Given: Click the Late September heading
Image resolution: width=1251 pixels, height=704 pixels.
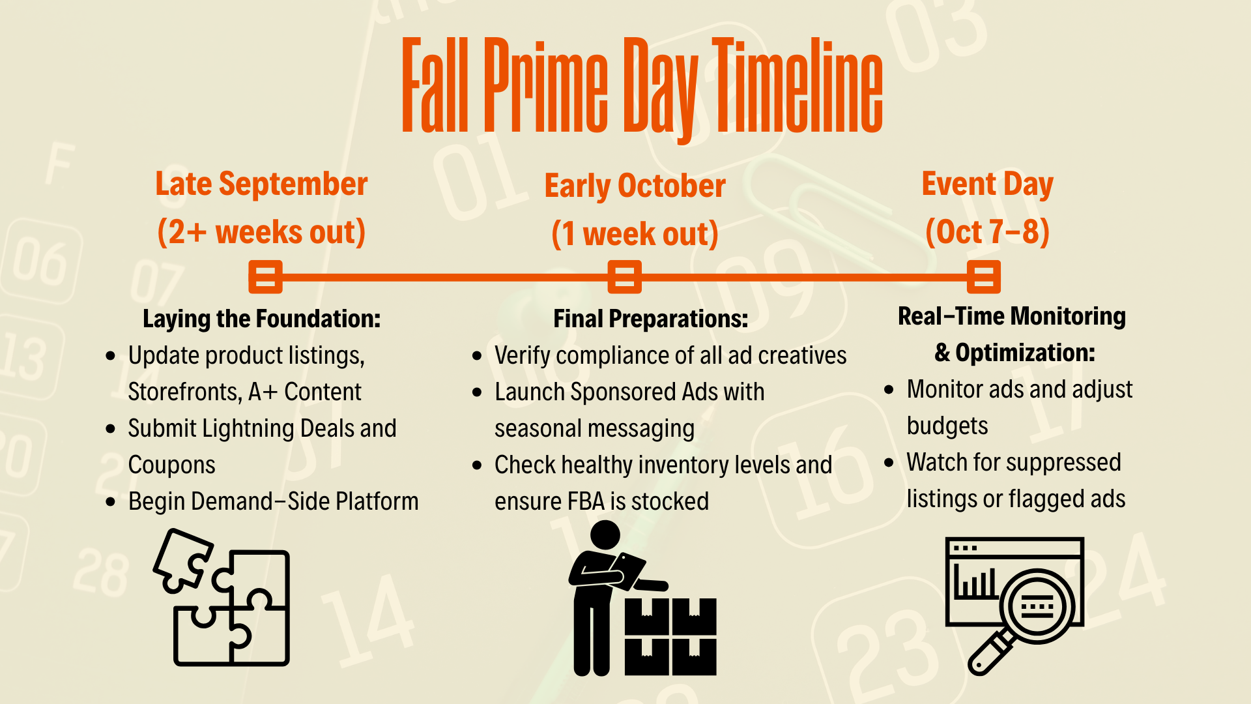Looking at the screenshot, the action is click(x=261, y=184).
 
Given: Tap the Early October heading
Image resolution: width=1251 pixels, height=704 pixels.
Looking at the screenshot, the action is click(x=635, y=186).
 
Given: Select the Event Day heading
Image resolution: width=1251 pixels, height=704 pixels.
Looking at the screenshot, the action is click(x=988, y=184).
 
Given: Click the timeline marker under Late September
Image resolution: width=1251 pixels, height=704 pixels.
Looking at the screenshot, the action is click(x=265, y=277).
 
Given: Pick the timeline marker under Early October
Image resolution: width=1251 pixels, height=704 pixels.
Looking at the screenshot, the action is click(x=624, y=277).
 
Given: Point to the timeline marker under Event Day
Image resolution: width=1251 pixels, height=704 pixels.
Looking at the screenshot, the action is click(x=984, y=277).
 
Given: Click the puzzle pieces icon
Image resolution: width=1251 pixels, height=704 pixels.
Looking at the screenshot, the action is click(x=222, y=597).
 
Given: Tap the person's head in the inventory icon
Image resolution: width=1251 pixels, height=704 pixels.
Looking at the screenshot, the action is click(x=605, y=535).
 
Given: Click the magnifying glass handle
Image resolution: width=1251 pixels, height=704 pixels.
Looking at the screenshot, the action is click(x=989, y=654).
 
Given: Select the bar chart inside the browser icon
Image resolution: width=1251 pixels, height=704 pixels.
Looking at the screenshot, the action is click(x=975, y=583).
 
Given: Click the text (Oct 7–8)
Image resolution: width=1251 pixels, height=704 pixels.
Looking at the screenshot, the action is click(x=988, y=232).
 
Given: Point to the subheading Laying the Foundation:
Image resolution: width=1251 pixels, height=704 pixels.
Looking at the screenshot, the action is click(x=261, y=319).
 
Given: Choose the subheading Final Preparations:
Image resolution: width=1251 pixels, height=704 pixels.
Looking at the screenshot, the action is click(x=651, y=319).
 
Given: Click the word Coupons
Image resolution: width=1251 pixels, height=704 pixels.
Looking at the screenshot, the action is click(x=171, y=465).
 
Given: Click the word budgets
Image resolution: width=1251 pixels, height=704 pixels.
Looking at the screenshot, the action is click(x=947, y=426).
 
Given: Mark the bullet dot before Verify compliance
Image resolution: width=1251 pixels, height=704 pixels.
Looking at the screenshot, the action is click(x=478, y=356).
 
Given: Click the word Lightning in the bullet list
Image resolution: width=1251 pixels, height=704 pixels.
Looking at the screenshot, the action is click(x=248, y=429).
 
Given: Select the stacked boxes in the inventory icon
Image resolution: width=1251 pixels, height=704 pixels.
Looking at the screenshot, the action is click(x=670, y=637).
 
